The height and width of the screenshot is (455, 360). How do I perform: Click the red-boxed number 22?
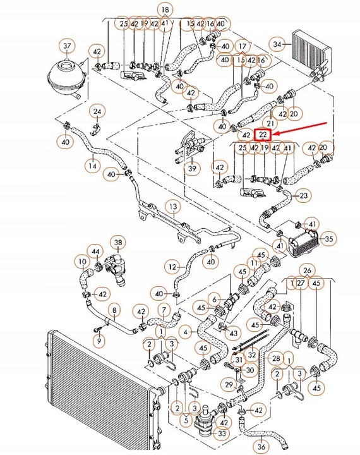pos(262,135)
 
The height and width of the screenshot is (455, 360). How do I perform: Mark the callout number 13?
pos(171,207)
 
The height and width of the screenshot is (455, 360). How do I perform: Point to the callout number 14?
pos(93,166)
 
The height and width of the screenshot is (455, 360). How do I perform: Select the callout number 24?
pos(97,112)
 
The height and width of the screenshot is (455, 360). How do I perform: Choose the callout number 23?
pos(304,196)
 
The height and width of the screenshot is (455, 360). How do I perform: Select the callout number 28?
pos(275,358)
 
